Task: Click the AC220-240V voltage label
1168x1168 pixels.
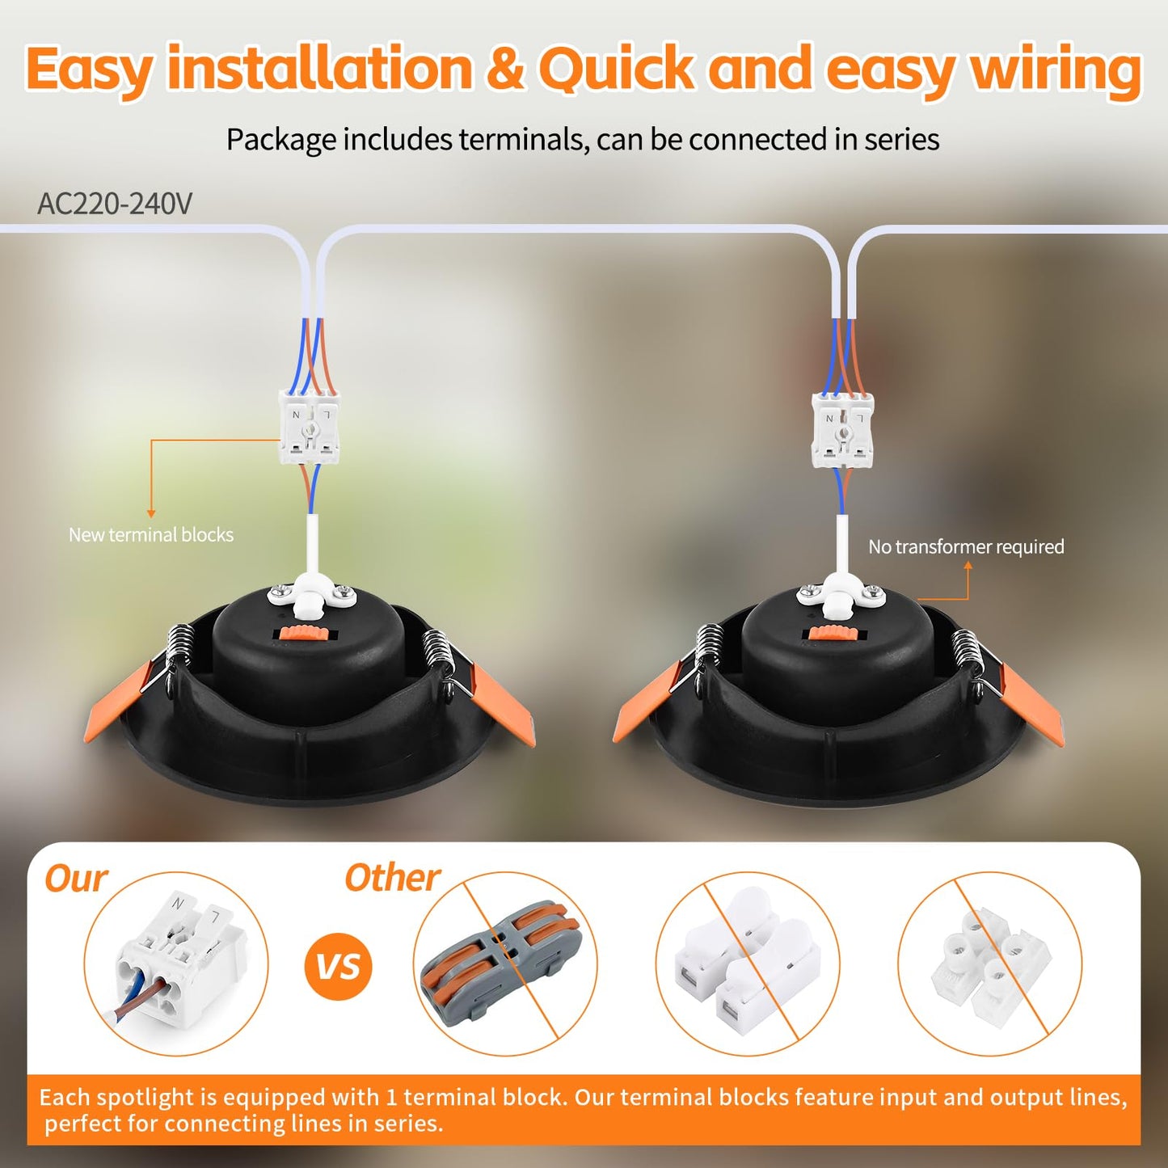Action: click(x=115, y=204)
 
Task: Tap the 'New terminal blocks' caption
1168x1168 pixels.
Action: click(x=151, y=534)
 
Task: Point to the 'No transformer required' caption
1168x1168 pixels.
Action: click(x=966, y=546)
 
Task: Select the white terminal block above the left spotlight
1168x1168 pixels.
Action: click(x=309, y=427)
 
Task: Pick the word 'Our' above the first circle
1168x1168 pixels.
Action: click(x=76, y=879)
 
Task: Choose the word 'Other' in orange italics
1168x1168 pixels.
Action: click(x=393, y=878)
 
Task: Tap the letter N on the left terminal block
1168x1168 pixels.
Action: click(x=296, y=415)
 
